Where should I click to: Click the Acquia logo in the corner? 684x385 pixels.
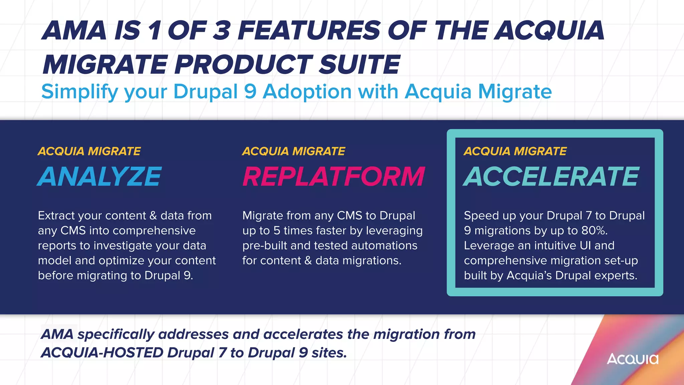coord(632,359)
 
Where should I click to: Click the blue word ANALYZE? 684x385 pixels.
coord(100,176)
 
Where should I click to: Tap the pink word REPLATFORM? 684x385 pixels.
coord(333,176)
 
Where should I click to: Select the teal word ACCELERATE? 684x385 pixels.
coord(551,176)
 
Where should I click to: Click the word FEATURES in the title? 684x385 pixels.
coord(309,30)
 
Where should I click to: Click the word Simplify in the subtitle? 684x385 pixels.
coord(79,92)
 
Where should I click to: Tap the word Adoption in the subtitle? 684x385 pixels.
coord(307,91)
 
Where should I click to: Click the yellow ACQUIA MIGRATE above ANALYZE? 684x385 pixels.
coord(89,151)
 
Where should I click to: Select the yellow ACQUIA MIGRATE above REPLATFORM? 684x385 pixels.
coord(294,151)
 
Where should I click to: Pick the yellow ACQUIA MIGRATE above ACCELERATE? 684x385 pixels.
coord(515,151)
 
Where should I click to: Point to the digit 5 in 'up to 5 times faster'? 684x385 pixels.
coord(277,231)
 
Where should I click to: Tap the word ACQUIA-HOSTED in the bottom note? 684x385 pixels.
coord(102,353)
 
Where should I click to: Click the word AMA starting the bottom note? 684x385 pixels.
coord(57,334)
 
